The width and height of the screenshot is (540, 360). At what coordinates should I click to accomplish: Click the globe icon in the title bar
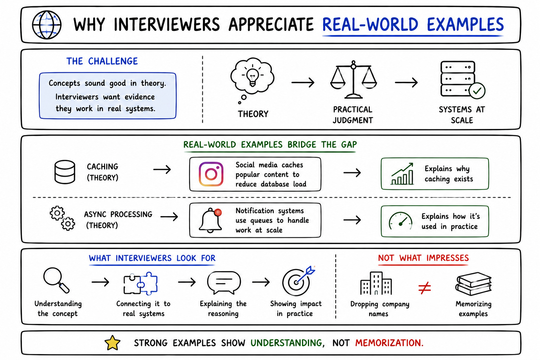(46, 25)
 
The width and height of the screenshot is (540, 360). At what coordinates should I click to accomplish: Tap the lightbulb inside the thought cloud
(252, 77)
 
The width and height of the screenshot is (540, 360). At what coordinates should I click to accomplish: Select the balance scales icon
(353, 79)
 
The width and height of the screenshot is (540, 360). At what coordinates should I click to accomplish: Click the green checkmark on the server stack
(477, 91)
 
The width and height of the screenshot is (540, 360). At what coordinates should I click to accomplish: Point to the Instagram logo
(211, 174)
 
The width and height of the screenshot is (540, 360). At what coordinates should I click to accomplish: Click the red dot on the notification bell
(218, 212)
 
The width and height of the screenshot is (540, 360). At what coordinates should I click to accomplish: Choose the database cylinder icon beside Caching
(65, 172)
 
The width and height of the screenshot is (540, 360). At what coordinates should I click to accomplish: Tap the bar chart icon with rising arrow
(402, 174)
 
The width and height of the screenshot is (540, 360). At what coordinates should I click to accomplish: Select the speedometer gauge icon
(400, 221)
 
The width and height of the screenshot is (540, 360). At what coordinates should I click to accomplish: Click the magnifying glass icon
(56, 280)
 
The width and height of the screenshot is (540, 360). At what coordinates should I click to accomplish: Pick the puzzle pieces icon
(141, 283)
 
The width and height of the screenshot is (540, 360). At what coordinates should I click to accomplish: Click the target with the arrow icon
(298, 281)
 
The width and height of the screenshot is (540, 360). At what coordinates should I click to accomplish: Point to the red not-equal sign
(425, 288)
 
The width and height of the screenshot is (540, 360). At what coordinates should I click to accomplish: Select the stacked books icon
(474, 284)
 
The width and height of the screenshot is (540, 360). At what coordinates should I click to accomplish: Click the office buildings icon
(376, 283)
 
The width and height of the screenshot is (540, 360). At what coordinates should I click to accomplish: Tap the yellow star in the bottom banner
(112, 342)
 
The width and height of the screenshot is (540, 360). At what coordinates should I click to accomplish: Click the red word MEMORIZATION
(389, 343)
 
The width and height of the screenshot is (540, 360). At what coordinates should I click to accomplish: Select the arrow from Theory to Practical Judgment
(303, 83)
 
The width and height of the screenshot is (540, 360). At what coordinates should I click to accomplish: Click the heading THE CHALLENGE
(102, 61)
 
